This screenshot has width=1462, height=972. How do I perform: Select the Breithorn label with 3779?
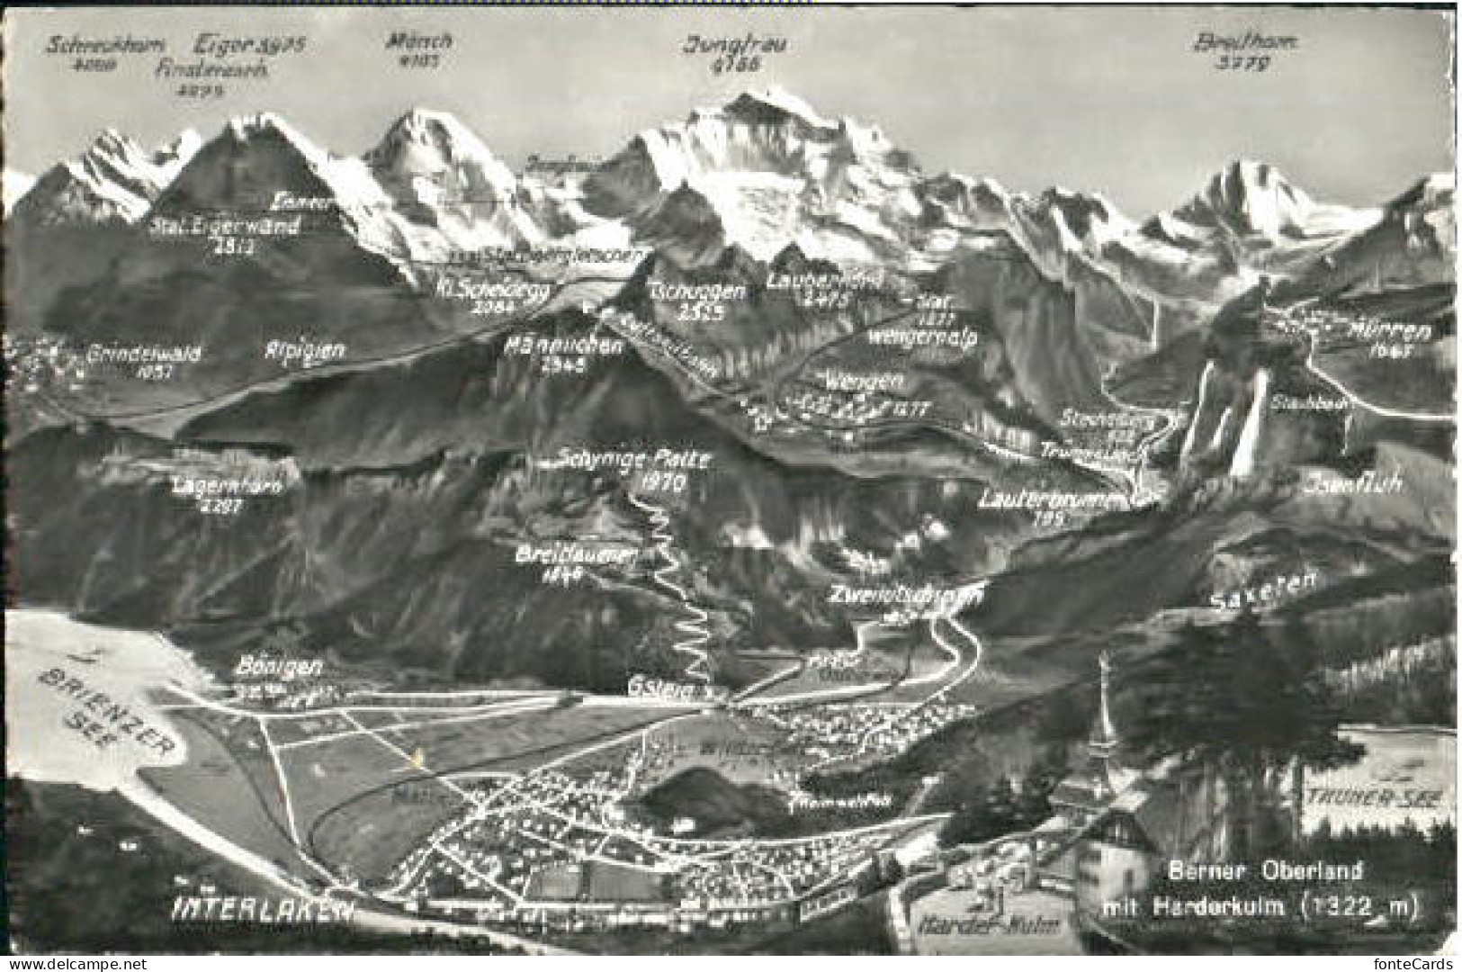(1232, 42)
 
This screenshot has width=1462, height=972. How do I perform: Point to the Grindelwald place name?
(144, 354)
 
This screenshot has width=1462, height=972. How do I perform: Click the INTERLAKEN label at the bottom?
(262, 908)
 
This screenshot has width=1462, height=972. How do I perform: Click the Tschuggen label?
(696, 291)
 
